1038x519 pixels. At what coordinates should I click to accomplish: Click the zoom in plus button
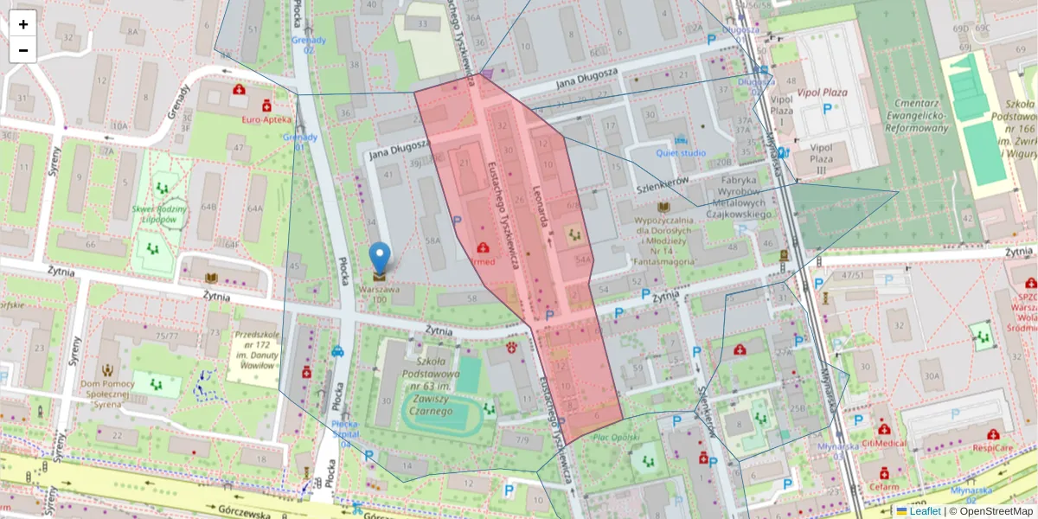[23, 24]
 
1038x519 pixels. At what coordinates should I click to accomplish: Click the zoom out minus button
[23, 50]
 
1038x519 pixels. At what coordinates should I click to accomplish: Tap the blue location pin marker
[379, 259]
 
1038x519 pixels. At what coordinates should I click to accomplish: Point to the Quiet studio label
[680, 153]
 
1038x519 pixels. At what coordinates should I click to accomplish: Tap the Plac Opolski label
[616, 437]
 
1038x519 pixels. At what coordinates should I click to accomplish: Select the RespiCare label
[992, 447]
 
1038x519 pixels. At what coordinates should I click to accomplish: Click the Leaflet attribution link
[925, 511]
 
